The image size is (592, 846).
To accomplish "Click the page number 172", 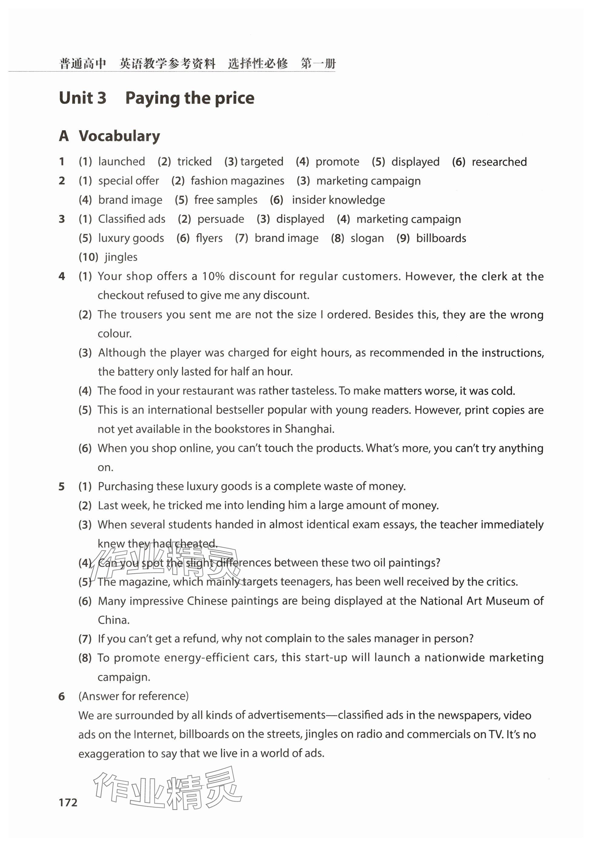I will [68, 802].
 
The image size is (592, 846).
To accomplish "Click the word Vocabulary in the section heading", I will [119, 136].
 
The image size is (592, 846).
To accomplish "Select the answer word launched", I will [122, 161].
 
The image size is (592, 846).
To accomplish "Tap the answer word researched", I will [499, 162].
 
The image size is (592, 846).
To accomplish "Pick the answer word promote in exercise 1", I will [337, 162].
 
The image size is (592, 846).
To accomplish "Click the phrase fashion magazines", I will [238, 181].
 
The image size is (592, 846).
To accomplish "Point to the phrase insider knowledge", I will [338, 200].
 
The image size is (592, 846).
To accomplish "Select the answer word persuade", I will [221, 219].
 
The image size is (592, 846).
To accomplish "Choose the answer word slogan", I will [367, 238].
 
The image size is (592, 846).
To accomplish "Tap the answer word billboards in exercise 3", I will [441, 238].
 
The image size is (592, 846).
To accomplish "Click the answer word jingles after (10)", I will [121, 257].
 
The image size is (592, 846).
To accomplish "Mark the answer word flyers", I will [209, 238].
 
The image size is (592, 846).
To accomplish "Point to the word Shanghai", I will [309, 429].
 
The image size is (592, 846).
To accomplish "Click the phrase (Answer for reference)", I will [133, 696].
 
